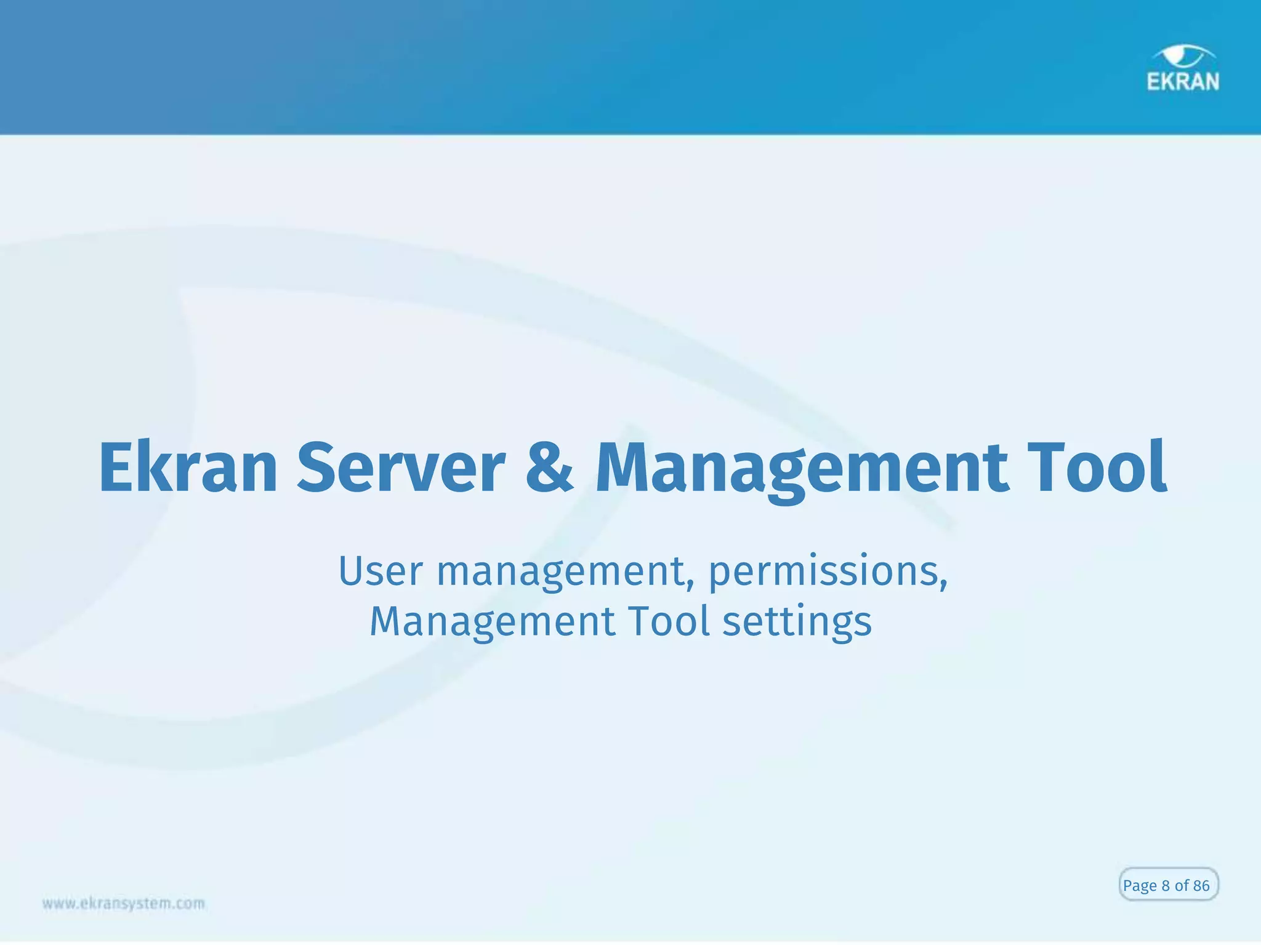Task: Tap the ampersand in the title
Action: pyautogui.click(x=549, y=469)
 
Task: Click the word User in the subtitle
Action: pyautogui.click(x=381, y=571)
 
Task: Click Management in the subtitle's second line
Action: pyautogui.click(x=492, y=622)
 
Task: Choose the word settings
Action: pyautogui.click(x=797, y=622)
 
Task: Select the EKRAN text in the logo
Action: pyautogui.click(x=1183, y=82)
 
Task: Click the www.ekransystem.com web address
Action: pyautogui.click(x=124, y=903)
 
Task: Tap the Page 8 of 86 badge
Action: pyautogui.click(x=1168, y=885)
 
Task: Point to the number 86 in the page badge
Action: pyautogui.click(x=1201, y=885)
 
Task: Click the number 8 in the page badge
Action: pyautogui.click(x=1166, y=885)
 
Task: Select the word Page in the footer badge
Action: pyautogui.click(x=1140, y=886)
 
